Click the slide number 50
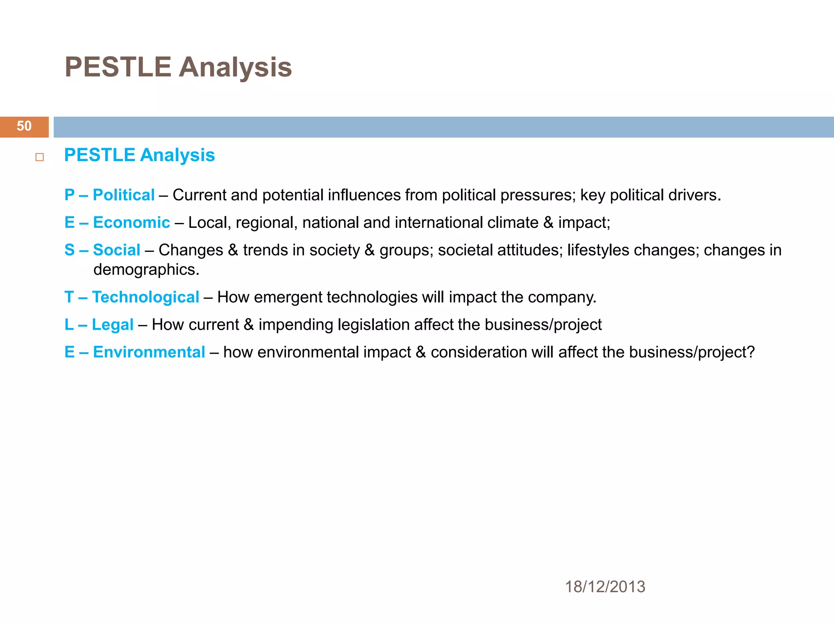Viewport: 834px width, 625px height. tap(24, 126)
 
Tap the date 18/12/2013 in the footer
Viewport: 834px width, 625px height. tap(605, 587)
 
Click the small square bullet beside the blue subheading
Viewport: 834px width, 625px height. tap(40, 157)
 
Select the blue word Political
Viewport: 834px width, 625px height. tap(123, 195)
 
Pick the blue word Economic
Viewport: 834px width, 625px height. tap(131, 223)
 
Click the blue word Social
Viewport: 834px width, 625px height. tap(116, 250)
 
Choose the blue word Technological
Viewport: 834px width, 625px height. tap(145, 297)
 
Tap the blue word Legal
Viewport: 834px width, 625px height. tap(112, 325)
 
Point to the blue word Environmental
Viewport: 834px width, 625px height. tap(149, 352)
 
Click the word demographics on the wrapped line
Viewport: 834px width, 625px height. tap(146, 270)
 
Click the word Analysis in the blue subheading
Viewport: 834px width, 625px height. tap(177, 155)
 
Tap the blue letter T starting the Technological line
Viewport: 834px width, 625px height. tap(69, 297)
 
